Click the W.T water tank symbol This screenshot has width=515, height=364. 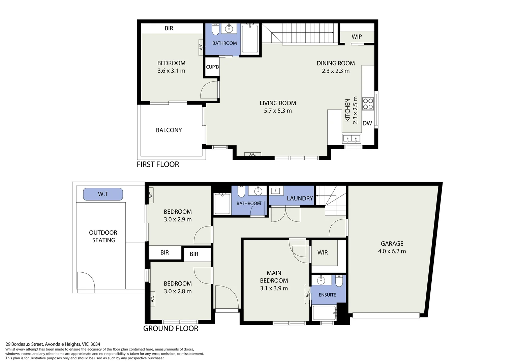pyautogui.click(x=103, y=194)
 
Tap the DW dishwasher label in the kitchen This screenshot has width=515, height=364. pyautogui.click(x=367, y=123)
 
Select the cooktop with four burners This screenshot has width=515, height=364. pyautogui.click(x=368, y=103)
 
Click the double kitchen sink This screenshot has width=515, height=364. pyautogui.click(x=352, y=138)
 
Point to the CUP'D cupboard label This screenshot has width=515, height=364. pyautogui.click(x=212, y=67)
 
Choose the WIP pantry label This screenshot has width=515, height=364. pyautogui.click(x=357, y=37)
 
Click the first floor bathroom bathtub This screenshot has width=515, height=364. pyautogui.click(x=250, y=39)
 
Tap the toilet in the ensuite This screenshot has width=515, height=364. pyautogui.click(x=339, y=280)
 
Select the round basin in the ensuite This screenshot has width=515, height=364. pyautogui.click(x=321, y=280)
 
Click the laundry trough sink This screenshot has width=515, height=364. pyautogui.click(x=275, y=190)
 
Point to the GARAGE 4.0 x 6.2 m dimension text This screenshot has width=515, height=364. pyautogui.click(x=392, y=251)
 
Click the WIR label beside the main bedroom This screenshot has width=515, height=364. pyautogui.click(x=322, y=252)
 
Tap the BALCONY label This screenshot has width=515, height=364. pyautogui.click(x=169, y=130)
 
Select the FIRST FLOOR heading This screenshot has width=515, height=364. pyautogui.click(x=158, y=164)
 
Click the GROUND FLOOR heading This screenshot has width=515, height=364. pyautogui.click(x=171, y=329)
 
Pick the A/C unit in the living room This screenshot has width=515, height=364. pyautogui.click(x=252, y=154)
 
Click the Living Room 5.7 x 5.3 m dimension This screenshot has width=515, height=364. pyautogui.click(x=278, y=111)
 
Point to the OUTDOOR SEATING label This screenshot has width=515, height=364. pyautogui.click(x=103, y=236)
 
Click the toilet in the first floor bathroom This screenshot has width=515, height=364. pyautogui.click(x=215, y=30)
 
